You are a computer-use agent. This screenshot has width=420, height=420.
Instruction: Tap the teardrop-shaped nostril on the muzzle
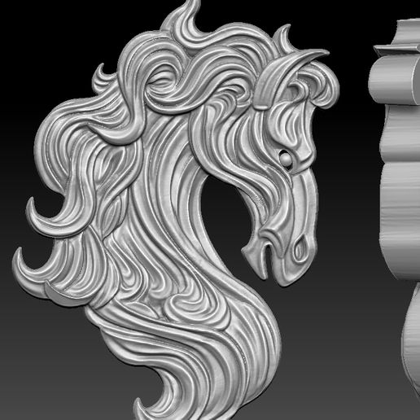(x=300, y=245)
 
